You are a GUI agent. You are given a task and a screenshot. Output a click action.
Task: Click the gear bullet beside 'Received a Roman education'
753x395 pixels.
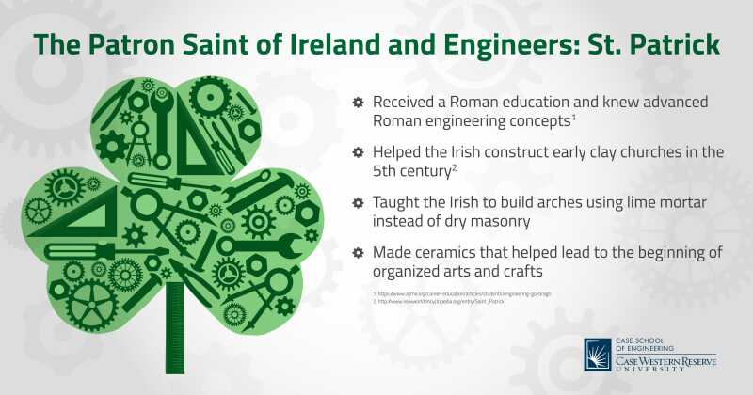point(358,102)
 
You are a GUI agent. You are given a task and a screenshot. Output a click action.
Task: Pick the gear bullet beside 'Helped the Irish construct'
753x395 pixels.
point(358,152)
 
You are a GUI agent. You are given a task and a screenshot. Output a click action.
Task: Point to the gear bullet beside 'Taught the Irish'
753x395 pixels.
point(358,202)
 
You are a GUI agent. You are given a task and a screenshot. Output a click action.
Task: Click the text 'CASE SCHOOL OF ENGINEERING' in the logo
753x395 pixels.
point(649,343)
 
